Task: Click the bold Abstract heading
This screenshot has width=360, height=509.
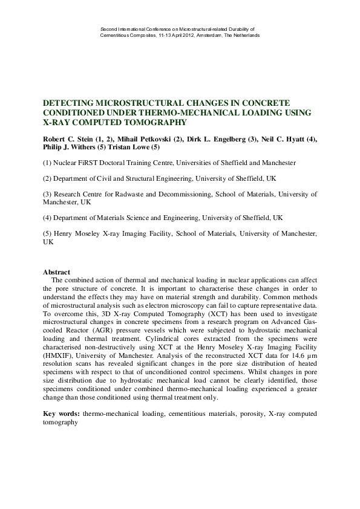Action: tap(57, 273)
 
